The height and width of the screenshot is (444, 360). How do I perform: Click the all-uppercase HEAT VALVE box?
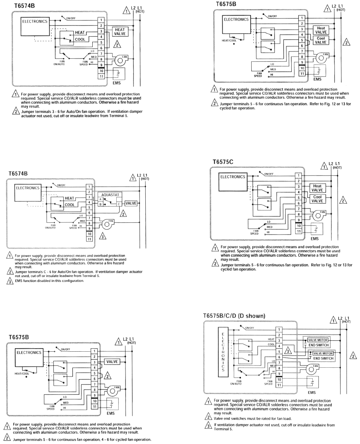[120, 31]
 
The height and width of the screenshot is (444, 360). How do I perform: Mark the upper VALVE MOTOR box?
[318, 340]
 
